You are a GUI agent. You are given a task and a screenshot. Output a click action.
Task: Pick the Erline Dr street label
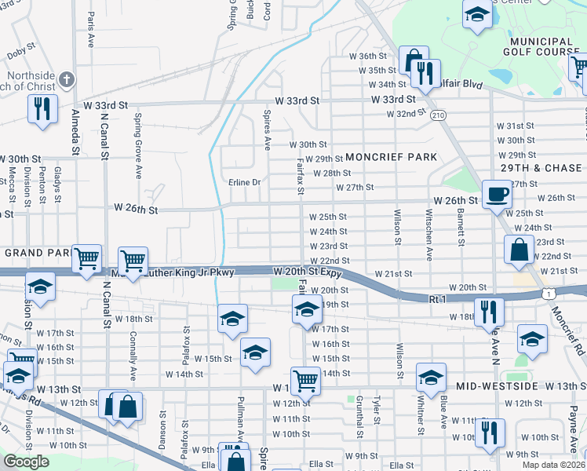click(x=244, y=182)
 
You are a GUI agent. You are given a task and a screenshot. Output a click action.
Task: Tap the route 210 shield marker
click(x=438, y=115)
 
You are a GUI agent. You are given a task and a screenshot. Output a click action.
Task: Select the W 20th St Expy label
click(x=308, y=271)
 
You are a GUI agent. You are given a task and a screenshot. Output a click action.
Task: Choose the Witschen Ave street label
click(x=428, y=235)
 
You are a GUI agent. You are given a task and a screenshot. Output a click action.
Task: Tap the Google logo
click(x=26, y=462)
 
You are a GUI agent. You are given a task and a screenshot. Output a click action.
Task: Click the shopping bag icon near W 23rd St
click(x=519, y=250)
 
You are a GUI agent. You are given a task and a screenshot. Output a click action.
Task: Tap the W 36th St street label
click(x=373, y=56)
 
